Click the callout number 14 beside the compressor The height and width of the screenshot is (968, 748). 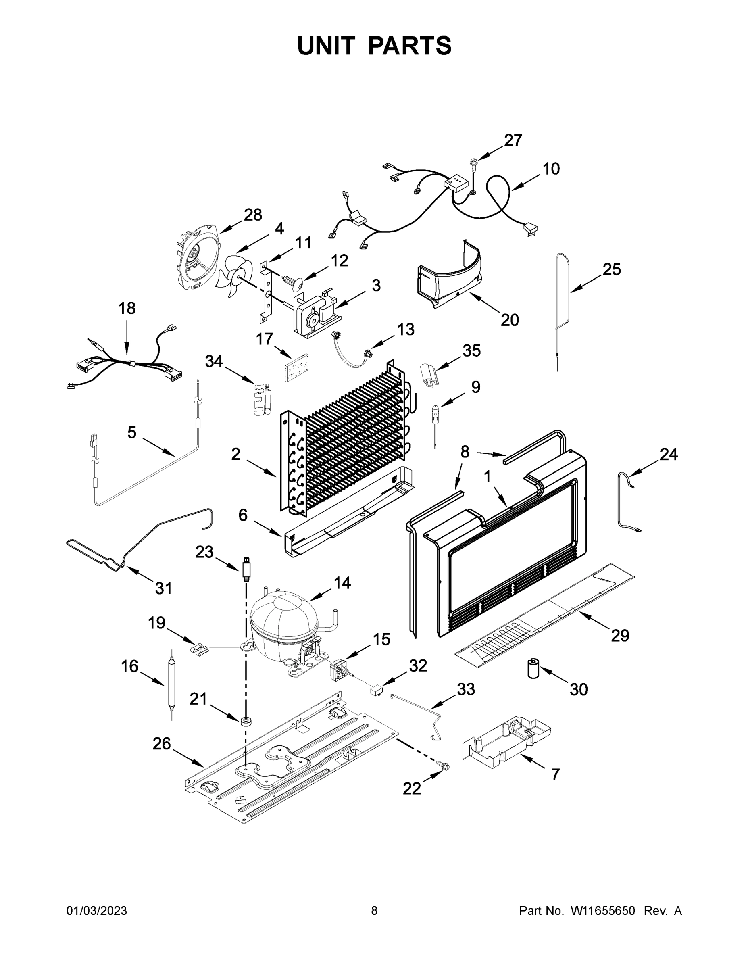(342, 583)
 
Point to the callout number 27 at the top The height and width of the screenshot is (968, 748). (513, 140)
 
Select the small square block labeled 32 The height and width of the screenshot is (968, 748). (376, 690)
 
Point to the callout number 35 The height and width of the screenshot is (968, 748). (471, 350)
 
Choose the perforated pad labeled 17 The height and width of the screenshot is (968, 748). (297, 368)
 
